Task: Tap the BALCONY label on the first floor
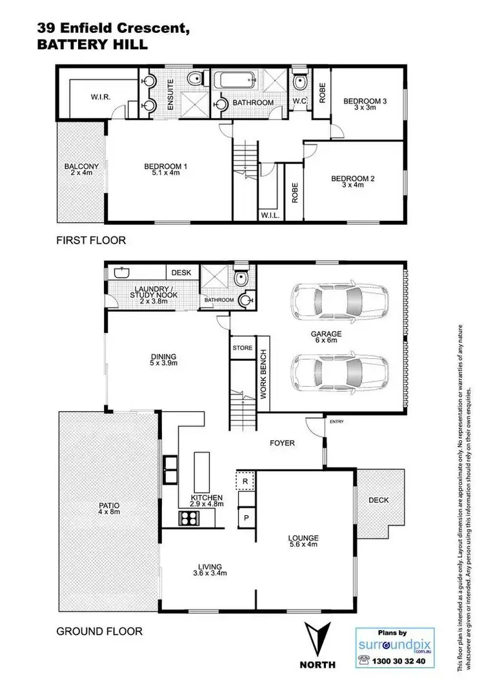click(x=81, y=170)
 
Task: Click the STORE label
click(x=243, y=348)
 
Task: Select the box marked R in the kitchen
click(x=247, y=481)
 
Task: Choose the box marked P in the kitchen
click(x=247, y=518)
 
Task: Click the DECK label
click(x=378, y=500)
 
